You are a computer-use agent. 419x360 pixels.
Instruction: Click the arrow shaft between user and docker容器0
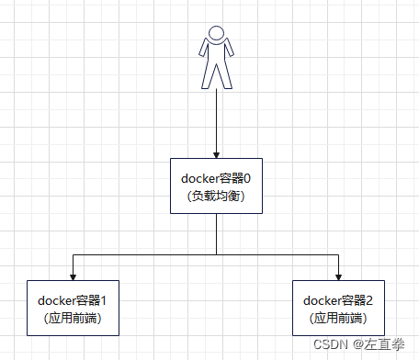click(216, 119)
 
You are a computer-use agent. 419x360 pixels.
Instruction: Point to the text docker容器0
click(217, 178)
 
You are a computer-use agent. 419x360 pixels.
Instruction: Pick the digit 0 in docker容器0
click(248, 178)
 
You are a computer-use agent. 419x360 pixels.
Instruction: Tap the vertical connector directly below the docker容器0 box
click(216, 233)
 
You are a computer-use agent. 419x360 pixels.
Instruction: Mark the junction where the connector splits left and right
click(216, 253)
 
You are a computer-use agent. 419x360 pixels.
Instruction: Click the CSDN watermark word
click(325, 345)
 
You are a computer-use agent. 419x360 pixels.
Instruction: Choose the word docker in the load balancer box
click(200, 178)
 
